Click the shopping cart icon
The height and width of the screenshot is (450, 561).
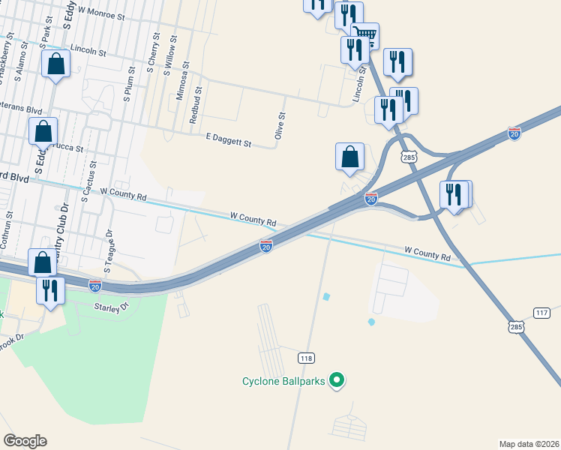[x=364, y=34]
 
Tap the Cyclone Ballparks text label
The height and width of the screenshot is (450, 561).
[x=283, y=381]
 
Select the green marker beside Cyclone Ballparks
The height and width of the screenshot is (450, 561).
[x=337, y=381]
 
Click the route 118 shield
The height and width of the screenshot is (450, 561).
[x=305, y=358]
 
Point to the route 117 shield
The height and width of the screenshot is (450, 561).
[x=541, y=312]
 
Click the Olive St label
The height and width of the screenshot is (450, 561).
[x=280, y=126]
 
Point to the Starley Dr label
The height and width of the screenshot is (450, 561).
[x=112, y=306]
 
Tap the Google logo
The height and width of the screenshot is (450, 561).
[x=25, y=441]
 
